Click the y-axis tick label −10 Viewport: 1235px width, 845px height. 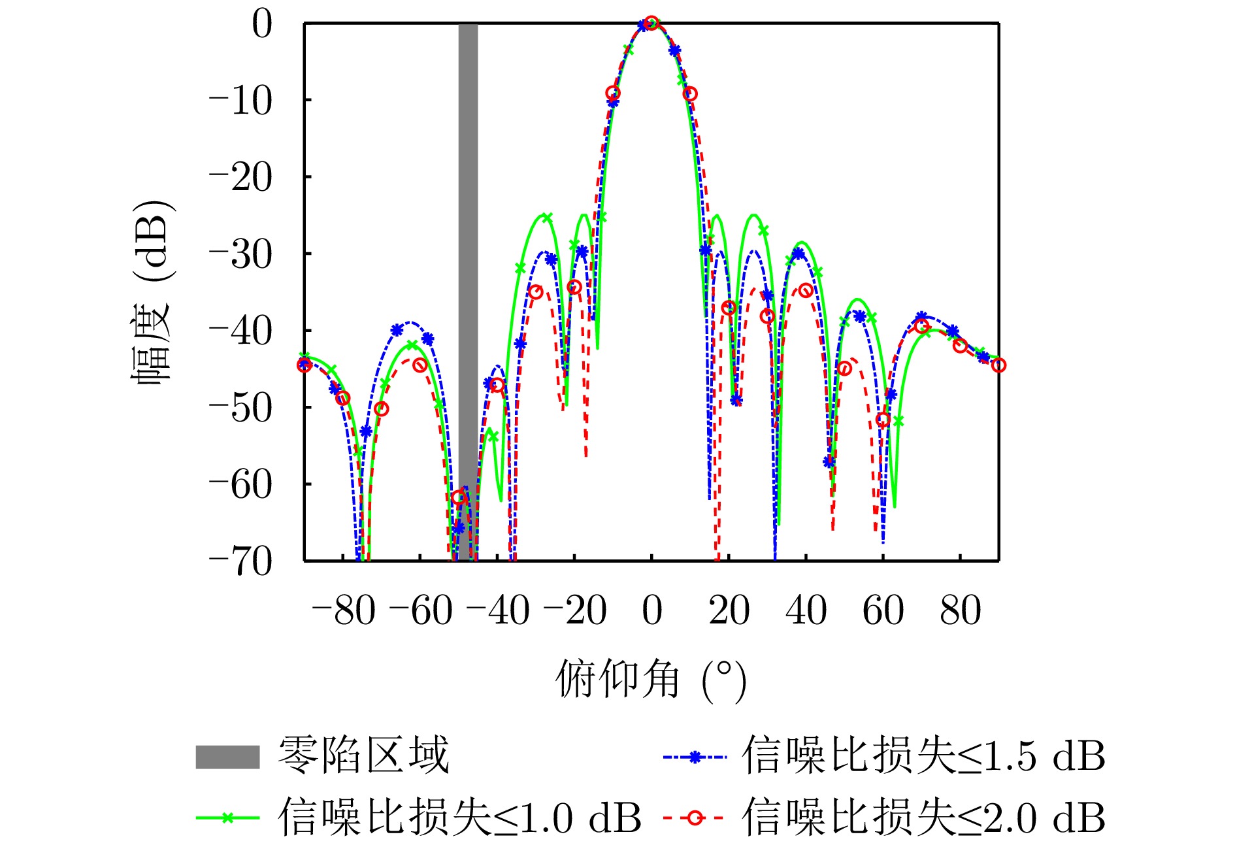click(240, 101)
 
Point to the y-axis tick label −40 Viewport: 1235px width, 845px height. click(240, 332)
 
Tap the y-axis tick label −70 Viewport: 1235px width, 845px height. click(240, 562)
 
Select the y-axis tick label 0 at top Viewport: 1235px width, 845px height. click(262, 25)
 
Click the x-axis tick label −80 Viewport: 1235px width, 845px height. click(344, 611)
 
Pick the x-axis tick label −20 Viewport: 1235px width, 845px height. click(575, 611)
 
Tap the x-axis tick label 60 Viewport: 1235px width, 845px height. click(883, 611)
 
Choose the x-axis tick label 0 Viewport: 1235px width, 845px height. click(651, 611)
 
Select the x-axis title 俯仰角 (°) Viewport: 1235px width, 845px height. click(651, 680)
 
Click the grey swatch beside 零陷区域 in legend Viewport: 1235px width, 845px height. click(227, 757)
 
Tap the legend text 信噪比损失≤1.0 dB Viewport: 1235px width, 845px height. click(459, 817)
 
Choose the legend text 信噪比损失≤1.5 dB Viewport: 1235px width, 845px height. click(923, 757)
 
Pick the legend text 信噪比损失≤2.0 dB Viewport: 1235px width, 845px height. click(923, 817)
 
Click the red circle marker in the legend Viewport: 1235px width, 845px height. click(695, 818)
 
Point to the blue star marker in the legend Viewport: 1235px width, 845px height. click(695, 757)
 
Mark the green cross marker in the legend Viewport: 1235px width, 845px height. click(227, 818)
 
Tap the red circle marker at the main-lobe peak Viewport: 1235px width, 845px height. click(651, 24)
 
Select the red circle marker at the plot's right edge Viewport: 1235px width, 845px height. click(998, 365)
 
